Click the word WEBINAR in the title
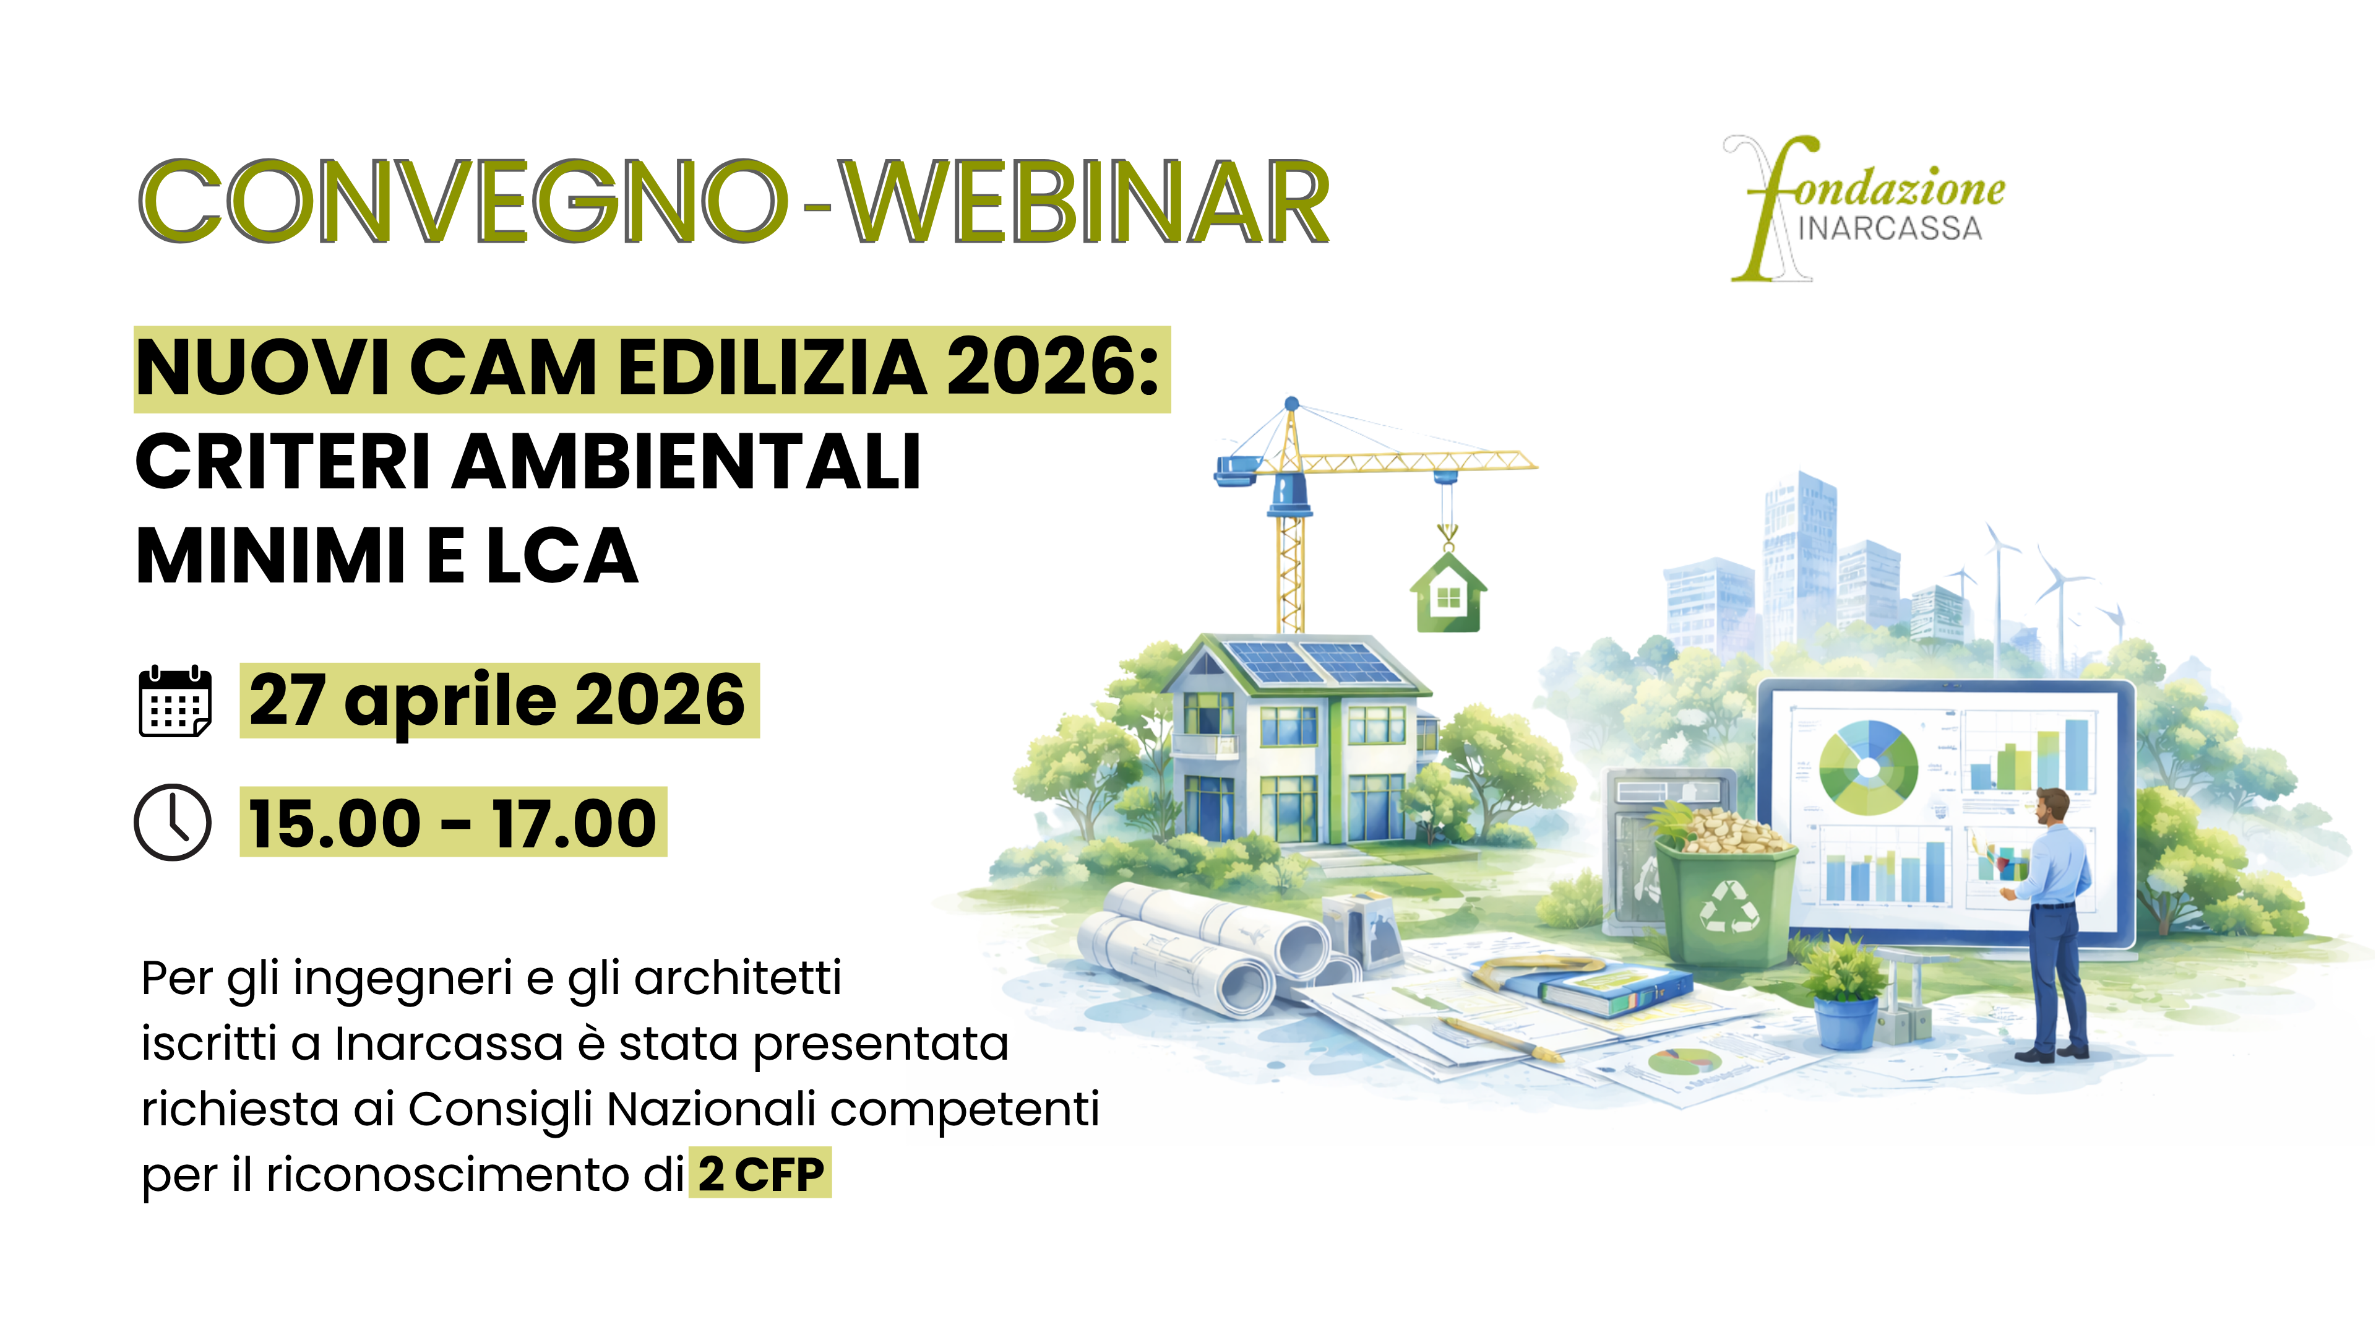(1087, 201)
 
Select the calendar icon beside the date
(174, 701)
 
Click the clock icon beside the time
(173, 822)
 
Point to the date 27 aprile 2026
(497, 700)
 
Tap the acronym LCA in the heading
(562, 556)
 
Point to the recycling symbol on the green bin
(1729, 906)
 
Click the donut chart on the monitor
(1868, 768)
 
